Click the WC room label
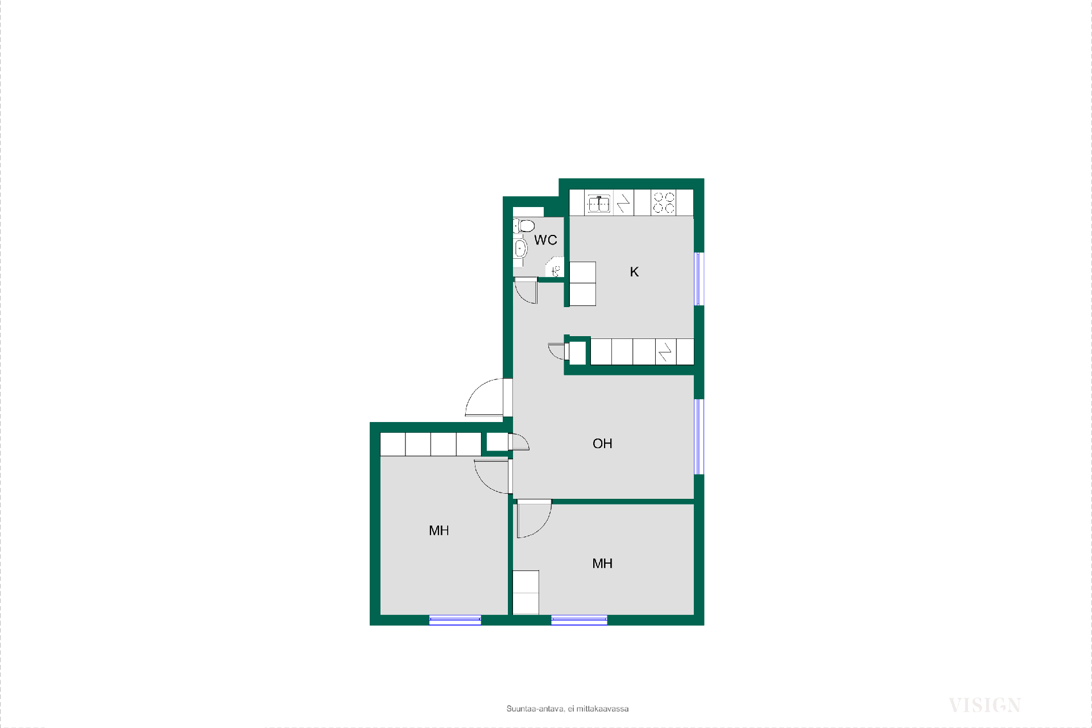[545, 240]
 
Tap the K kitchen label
[634, 272]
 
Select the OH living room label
[602, 444]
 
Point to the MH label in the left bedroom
[439, 531]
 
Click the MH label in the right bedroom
[602, 564]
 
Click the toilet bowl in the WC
[524, 226]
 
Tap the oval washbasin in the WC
[520, 249]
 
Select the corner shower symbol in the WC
[555, 268]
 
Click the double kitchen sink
[599, 203]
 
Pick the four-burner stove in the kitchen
[664, 203]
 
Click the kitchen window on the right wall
[699, 279]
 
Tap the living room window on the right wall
[699, 437]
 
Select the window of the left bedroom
[455, 621]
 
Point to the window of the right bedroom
[579, 621]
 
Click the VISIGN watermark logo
[985, 705]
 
